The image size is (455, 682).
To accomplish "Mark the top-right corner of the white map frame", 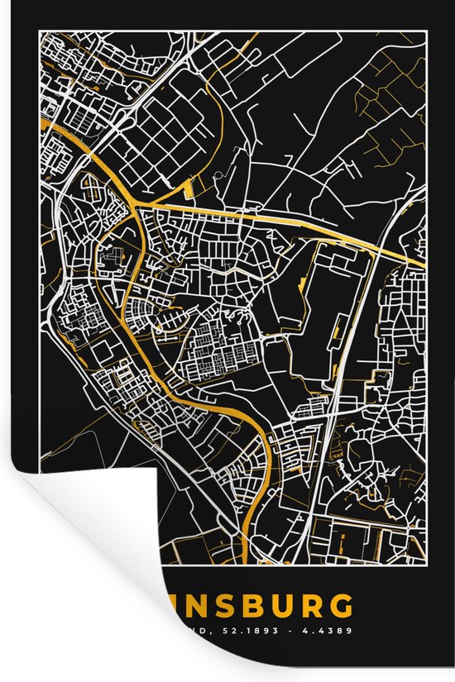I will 425,32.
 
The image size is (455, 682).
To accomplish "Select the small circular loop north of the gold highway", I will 219,175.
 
